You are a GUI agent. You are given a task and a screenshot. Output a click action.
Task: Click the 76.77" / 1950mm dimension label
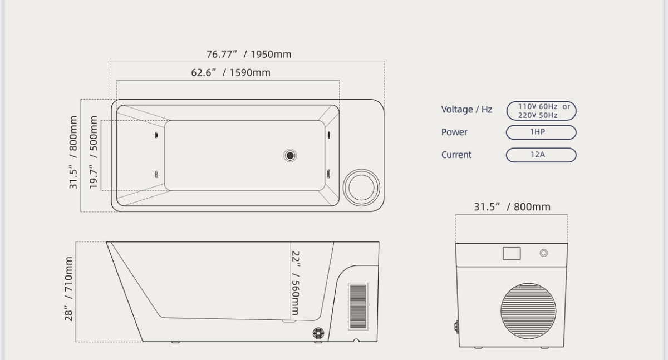pos(249,54)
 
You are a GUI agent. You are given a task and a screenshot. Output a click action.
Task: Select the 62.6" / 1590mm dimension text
pos(230,72)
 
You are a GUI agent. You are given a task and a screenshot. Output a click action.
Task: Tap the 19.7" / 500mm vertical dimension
pos(94,152)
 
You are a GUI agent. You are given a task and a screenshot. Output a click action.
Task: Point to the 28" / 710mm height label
pos(68,288)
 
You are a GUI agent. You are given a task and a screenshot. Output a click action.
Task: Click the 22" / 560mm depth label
pos(296,283)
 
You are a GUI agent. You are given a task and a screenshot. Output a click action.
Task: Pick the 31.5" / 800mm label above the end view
pos(512,206)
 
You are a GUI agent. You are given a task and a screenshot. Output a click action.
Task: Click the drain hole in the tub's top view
pos(290,155)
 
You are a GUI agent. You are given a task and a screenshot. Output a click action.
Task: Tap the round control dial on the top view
pos(361,188)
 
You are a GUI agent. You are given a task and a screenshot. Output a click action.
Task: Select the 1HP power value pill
pos(541,132)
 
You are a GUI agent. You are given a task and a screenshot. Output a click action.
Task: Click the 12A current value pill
pos(541,155)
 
